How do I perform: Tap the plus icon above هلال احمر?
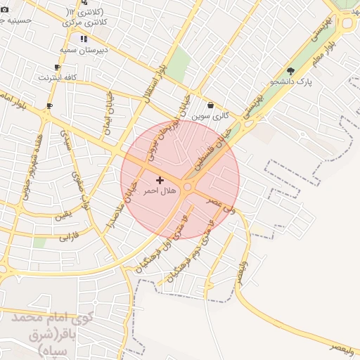(160, 181)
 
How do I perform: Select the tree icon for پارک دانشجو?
(290, 70)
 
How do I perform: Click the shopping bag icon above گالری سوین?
(210, 105)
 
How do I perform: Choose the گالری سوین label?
(212, 115)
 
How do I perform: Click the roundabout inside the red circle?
(188, 186)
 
